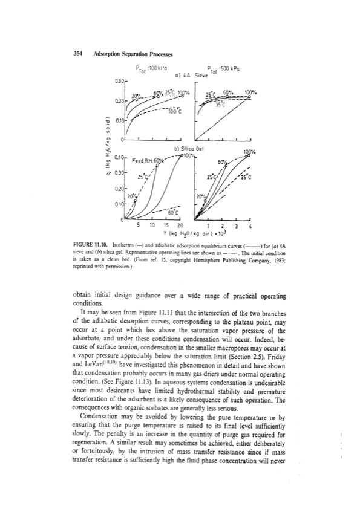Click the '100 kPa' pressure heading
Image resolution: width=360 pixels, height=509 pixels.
(152, 68)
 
